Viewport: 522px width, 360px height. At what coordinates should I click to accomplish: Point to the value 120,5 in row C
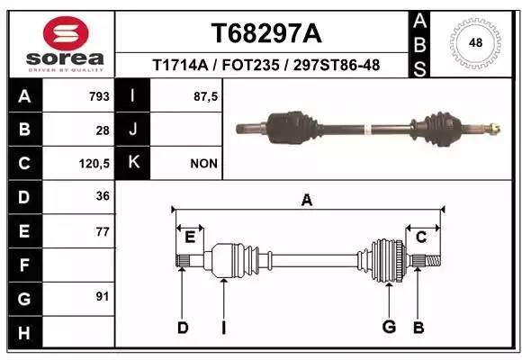click(x=94, y=164)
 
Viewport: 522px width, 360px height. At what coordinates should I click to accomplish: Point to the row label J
click(x=133, y=130)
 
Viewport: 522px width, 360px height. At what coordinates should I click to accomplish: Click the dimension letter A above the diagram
click(x=308, y=201)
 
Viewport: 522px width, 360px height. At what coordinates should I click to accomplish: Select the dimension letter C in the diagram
click(x=420, y=237)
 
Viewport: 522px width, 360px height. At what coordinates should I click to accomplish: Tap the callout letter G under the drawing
click(x=389, y=327)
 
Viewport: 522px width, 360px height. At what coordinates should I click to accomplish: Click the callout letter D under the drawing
click(x=183, y=327)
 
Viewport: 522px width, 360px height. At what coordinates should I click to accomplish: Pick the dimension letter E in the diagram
click(x=190, y=238)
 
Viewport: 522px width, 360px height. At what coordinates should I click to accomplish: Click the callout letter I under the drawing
click(x=223, y=327)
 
